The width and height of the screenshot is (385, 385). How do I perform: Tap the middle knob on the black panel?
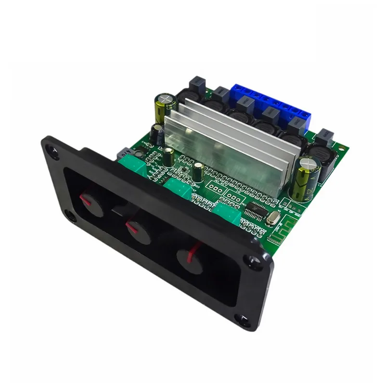point(136,227)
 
